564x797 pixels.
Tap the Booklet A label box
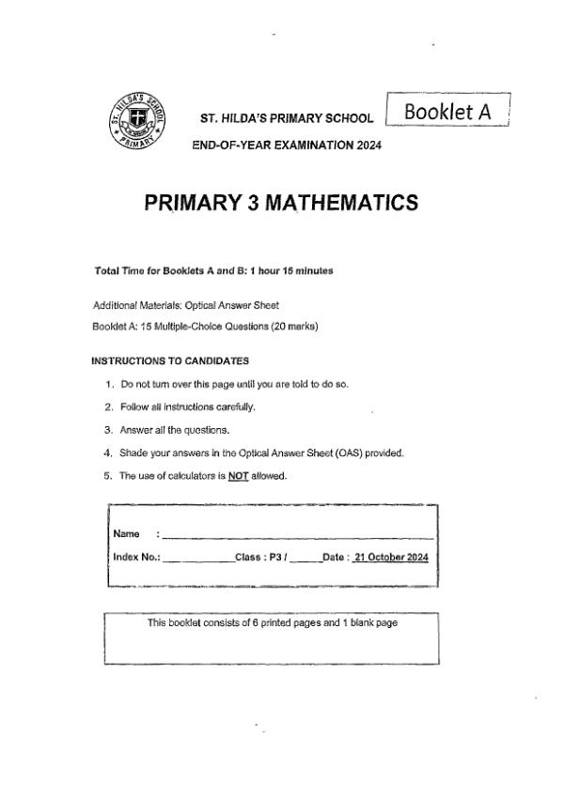click(x=446, y=112)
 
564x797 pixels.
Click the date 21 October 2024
click(x=391, y=557)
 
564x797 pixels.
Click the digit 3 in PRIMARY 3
click(x=252, y=204)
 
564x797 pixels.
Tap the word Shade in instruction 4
click(x=133, y=453)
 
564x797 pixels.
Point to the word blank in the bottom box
click(x=356, y=624)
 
